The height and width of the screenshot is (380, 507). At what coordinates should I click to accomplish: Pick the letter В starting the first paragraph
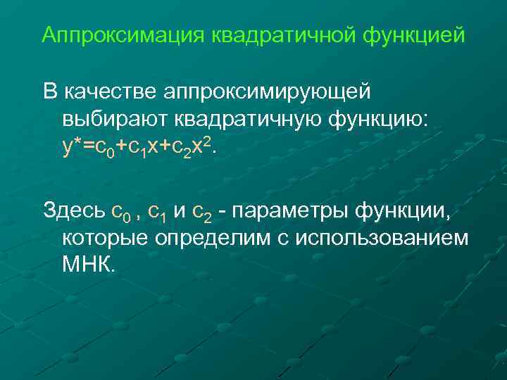tap(49, 91)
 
